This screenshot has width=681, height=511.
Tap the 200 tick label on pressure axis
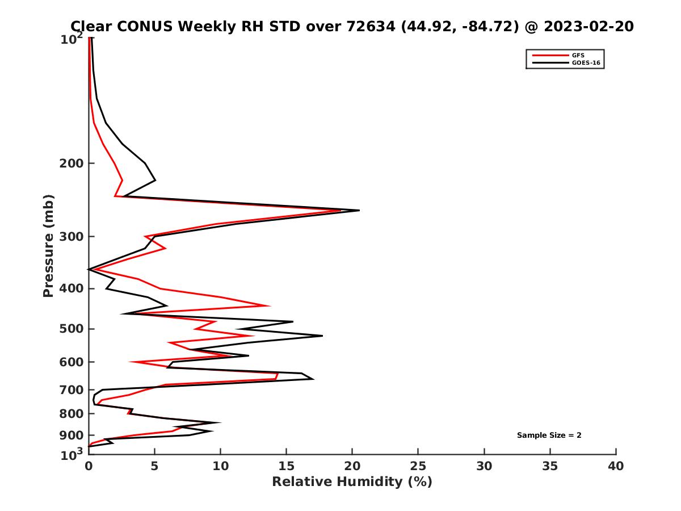(x=72, y=164)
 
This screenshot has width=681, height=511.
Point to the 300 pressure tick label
(x=72, y=237)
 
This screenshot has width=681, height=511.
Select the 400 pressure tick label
(x=72, y=288)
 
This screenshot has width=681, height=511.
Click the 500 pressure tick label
(x=72, y=329)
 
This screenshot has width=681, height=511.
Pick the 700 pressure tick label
(x=72, y=390)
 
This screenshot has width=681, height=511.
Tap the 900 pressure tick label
(x=72, y=435)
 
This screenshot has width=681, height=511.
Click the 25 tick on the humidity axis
(x=418, y=467)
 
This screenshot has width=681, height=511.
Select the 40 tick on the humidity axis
(x=616, y=467)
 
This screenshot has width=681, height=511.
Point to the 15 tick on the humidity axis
(x=286, y=467)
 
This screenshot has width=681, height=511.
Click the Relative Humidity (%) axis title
(x=352, y=482)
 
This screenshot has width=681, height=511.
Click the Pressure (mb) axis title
(x=48, y=245)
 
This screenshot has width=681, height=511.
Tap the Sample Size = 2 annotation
(x=549, y=435)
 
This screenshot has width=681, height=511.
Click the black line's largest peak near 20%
(x=359, y=211)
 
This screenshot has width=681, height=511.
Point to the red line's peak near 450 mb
(x=268, y=305)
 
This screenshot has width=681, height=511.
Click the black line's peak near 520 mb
(x=322, y=336)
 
